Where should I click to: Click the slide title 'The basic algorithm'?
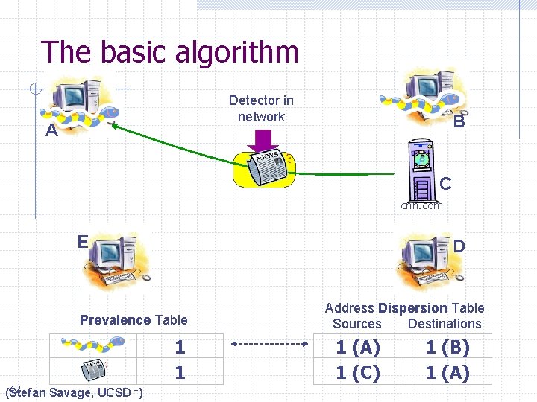point(170,52)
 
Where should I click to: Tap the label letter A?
point(51,132)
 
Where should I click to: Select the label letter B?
point(459,121)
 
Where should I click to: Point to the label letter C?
point(445,183)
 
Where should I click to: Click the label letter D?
point(459,246)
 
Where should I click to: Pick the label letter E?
point(83,241)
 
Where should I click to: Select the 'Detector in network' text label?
point(261,108)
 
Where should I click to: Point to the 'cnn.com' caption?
point(421,205)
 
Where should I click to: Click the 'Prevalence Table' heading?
point(134,320)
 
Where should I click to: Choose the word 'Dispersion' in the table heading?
point(412,308)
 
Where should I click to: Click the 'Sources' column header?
point(357,324)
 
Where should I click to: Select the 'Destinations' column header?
point(445,324)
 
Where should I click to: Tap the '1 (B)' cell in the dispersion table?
point(447,347)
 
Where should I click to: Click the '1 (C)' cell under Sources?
point(358,372)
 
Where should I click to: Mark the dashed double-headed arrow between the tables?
point(269,345)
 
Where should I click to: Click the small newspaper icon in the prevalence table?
point(94,371)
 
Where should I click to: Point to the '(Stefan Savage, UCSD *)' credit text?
point(75,392)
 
